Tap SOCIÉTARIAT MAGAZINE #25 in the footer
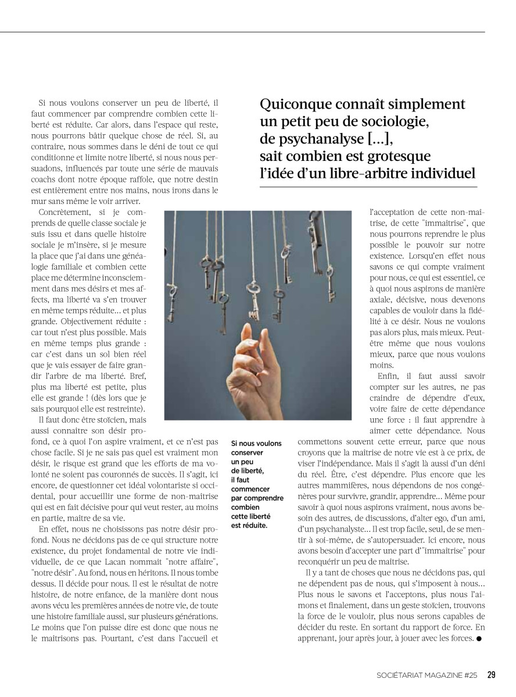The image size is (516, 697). click(427, 675)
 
